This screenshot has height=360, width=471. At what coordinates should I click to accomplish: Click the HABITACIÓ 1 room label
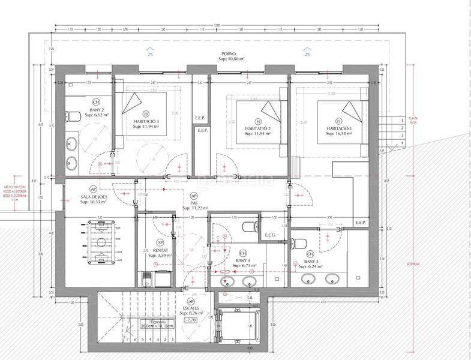pyautogui.click(x=340, y=129)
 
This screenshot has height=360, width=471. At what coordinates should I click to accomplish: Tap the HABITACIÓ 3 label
pyautogui.click(x=146, y=121)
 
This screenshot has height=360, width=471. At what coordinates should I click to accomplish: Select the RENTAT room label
pyautogui.click(x=160, y=250)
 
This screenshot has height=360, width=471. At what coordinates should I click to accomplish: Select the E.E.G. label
pyautogui.click(x=269, y=235)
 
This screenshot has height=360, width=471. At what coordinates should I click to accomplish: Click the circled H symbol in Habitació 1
pyautogui.click(x=340, y=120)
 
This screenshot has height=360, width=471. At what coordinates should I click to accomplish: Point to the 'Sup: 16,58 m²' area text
pyautogui.click(x=340, y=135)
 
